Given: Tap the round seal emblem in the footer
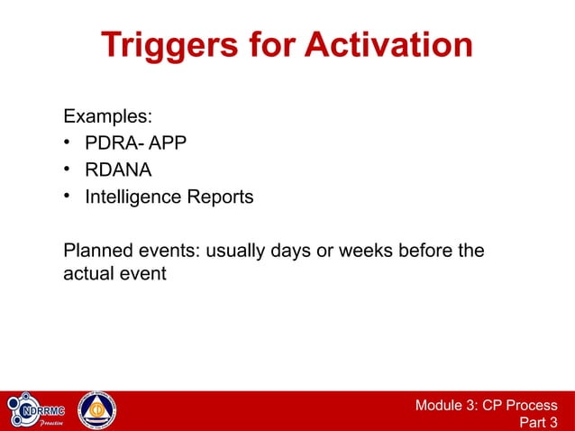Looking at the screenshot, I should coord(96,411).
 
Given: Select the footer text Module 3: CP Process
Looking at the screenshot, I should coord(486,405).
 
